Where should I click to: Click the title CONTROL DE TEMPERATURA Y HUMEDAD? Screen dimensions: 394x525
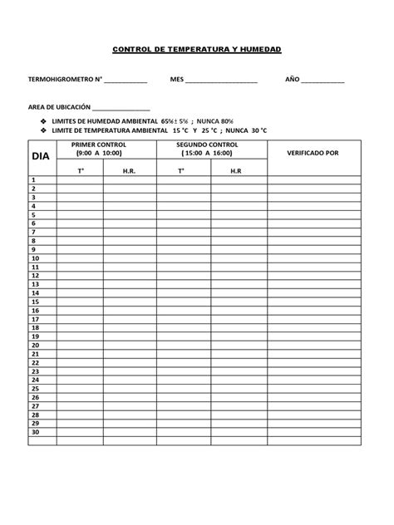(197, 51)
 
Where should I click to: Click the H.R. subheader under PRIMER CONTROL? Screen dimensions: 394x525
(129, 171)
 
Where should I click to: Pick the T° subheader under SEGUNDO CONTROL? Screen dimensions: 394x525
(180, 171)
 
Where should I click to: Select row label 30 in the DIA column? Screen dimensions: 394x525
(36, 432)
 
